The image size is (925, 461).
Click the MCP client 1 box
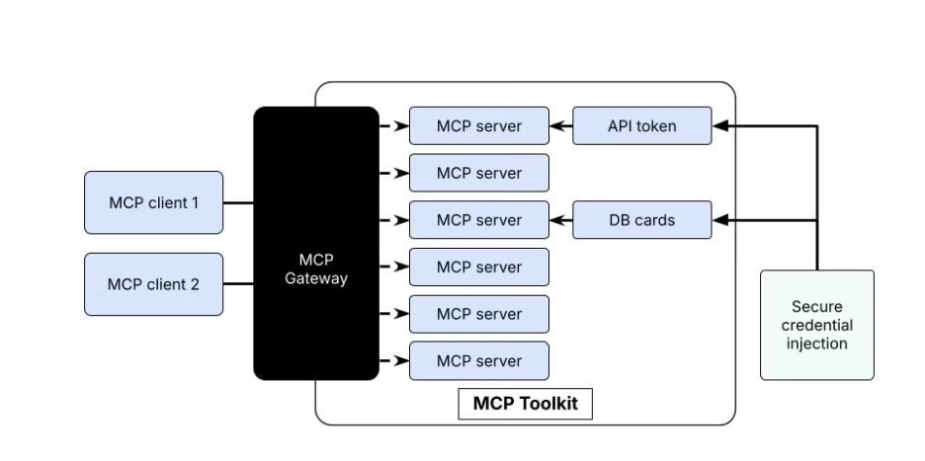click(153, 202)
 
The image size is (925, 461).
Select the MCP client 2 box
click(153, 284)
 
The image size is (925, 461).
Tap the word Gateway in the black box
click(316, 278)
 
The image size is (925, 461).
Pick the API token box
click(641, 126)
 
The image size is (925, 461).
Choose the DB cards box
click(641, 220)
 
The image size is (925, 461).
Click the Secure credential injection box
click(816, 325)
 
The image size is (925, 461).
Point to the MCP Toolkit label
click(525, 405)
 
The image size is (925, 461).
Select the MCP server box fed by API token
click(478, 126)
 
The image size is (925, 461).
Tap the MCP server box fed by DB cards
click(478, 220)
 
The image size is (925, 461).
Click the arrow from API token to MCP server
click(561, 126)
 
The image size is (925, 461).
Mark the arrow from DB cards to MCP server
click(561, 220)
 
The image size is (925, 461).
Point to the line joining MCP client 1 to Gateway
click(238, 202)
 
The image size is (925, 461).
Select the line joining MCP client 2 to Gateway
click(238, 284)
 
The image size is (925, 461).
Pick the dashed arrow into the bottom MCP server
click(394, 361)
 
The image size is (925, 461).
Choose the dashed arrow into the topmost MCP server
click(394, 126)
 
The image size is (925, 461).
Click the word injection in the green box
click(816, 344)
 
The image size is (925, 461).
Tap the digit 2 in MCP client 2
click(195, 284)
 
